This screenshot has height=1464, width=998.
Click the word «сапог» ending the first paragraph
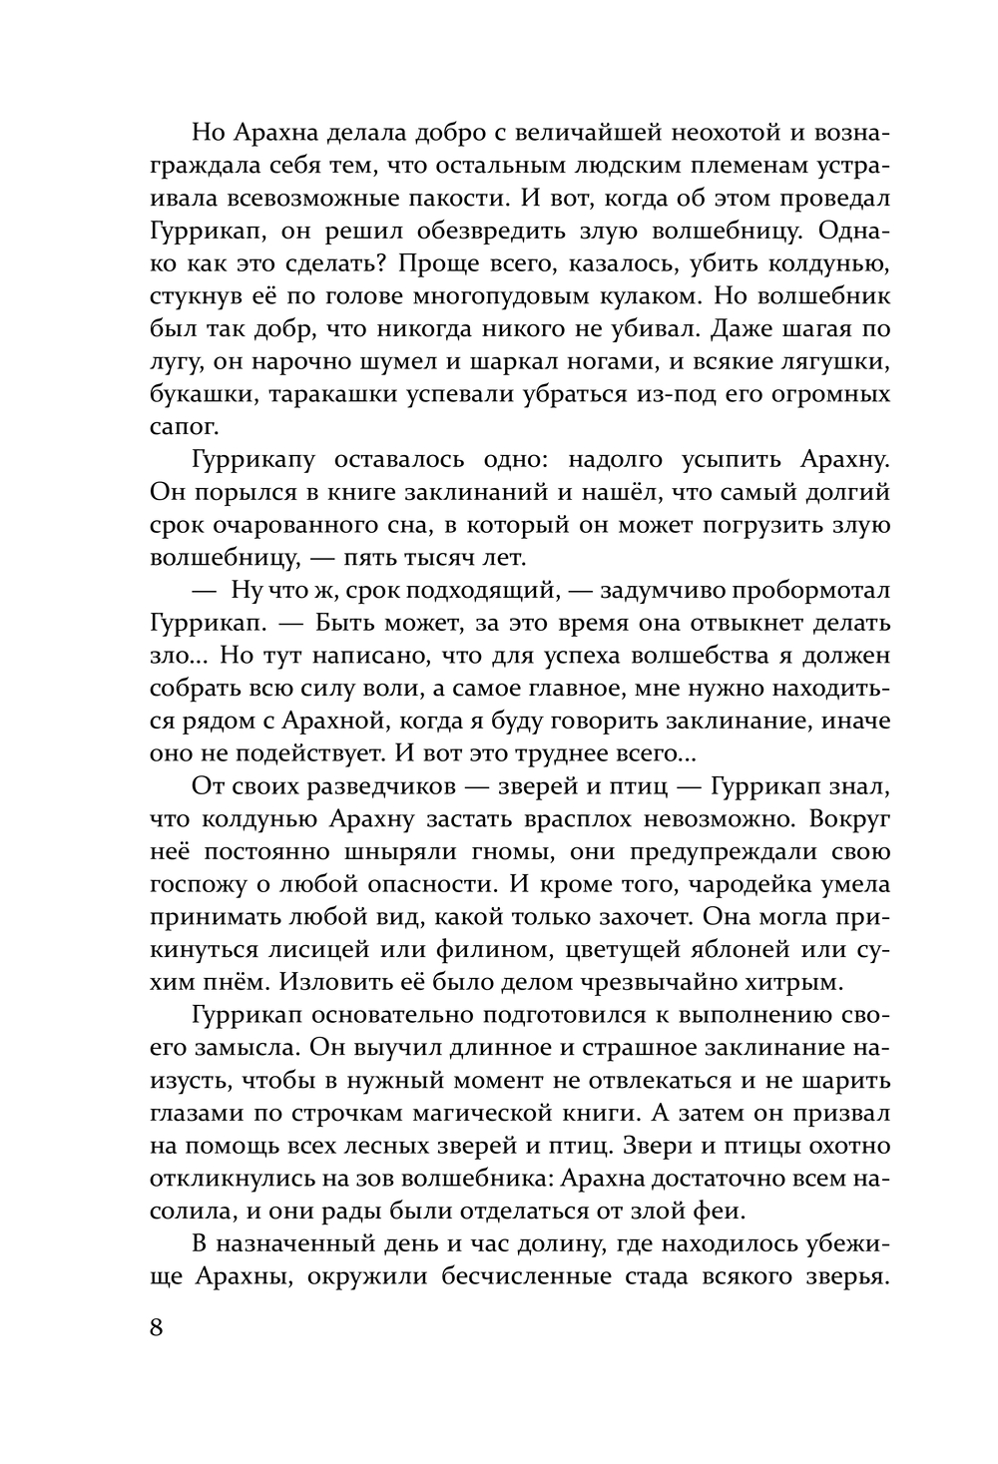181,427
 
